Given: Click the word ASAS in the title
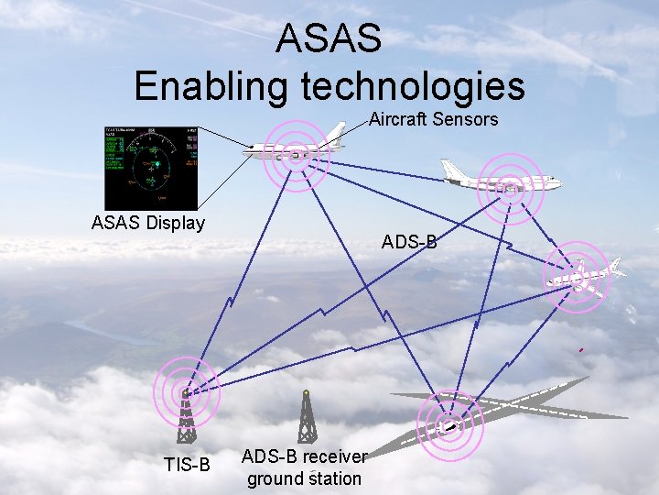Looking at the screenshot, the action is (329, 38).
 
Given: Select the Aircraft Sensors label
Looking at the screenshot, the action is (433, 119).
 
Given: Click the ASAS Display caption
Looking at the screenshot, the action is (148, 223).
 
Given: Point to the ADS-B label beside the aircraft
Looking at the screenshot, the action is (409, 243).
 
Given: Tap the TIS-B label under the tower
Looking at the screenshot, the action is (187, 465).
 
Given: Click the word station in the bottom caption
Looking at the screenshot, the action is (335, 478).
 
